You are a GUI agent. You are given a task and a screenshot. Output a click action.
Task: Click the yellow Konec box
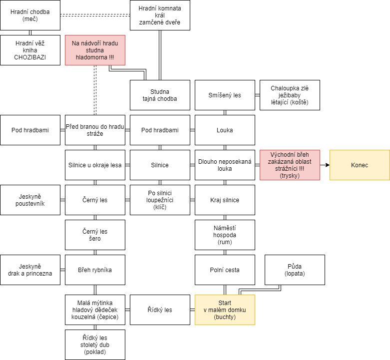(360, 165)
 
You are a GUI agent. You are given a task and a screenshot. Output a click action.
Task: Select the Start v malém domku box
(225, 310)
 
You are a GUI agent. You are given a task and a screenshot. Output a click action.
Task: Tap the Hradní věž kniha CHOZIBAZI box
(30, 50)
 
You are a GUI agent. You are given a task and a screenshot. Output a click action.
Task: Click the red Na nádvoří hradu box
(95, 50)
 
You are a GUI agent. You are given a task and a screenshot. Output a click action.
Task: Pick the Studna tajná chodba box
(160, 95)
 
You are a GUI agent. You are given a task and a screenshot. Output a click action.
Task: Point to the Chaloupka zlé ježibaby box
(290, 95)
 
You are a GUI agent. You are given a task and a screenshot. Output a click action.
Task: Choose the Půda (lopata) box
(295, 270)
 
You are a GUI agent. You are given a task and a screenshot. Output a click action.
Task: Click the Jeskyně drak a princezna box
(30, 270)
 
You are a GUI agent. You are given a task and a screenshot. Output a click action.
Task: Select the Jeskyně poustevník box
(30, 200)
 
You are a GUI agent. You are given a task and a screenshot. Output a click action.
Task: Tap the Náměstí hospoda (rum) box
(225, 235)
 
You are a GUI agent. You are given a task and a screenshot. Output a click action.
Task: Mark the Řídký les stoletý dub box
(95, 345)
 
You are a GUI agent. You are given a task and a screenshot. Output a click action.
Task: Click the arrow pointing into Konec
(325, 165)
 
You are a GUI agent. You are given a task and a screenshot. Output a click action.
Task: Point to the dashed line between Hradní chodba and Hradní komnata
(95, 15)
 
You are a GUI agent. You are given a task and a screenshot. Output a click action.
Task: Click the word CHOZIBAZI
(30, 57)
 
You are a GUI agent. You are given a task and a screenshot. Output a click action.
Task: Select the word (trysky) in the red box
(290, 176)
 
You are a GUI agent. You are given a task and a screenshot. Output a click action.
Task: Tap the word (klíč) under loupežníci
(160, 207)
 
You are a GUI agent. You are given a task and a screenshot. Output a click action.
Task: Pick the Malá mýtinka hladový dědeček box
(95, 310)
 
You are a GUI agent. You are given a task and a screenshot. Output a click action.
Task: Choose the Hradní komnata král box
(160, 15)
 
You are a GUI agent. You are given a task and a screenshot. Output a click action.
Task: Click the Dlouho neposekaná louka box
(225, 165)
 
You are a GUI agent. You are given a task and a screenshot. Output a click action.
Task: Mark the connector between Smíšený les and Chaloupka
(258, 95)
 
